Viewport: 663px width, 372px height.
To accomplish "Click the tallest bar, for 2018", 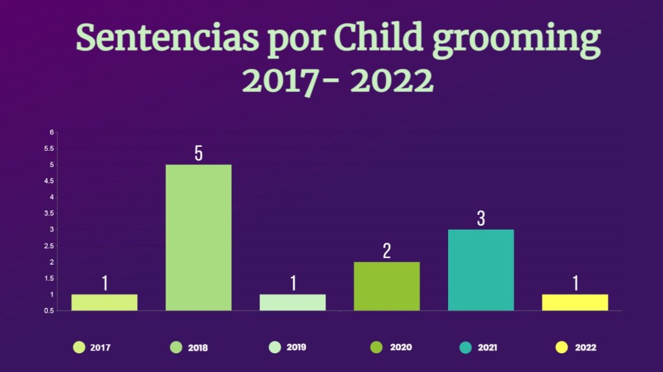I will tap(198, 237).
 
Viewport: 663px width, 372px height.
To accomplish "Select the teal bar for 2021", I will tap(480, 270).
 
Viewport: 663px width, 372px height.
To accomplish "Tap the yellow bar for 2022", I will tap(574, 302).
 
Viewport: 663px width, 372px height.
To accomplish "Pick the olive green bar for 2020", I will tap(386, 286).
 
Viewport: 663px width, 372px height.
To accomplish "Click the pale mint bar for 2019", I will tap(292, 302).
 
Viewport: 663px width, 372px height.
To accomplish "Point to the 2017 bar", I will tap(104, 302).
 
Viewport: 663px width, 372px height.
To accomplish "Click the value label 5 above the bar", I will tap(199, 153).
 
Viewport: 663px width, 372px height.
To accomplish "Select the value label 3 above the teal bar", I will tap(481, 219).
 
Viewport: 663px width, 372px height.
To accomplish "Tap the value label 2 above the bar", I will tap(387, 251).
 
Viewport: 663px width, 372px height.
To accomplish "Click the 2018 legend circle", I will tap(176, 347).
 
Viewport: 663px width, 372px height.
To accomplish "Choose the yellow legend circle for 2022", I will tap(561, 347).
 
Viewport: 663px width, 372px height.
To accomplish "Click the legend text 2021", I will tap(488, 347).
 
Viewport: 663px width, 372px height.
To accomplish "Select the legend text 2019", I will tap(297, 347).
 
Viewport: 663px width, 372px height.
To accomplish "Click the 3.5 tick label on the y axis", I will tap(49, 213).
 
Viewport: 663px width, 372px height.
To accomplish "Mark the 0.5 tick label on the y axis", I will tap(49, 311).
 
